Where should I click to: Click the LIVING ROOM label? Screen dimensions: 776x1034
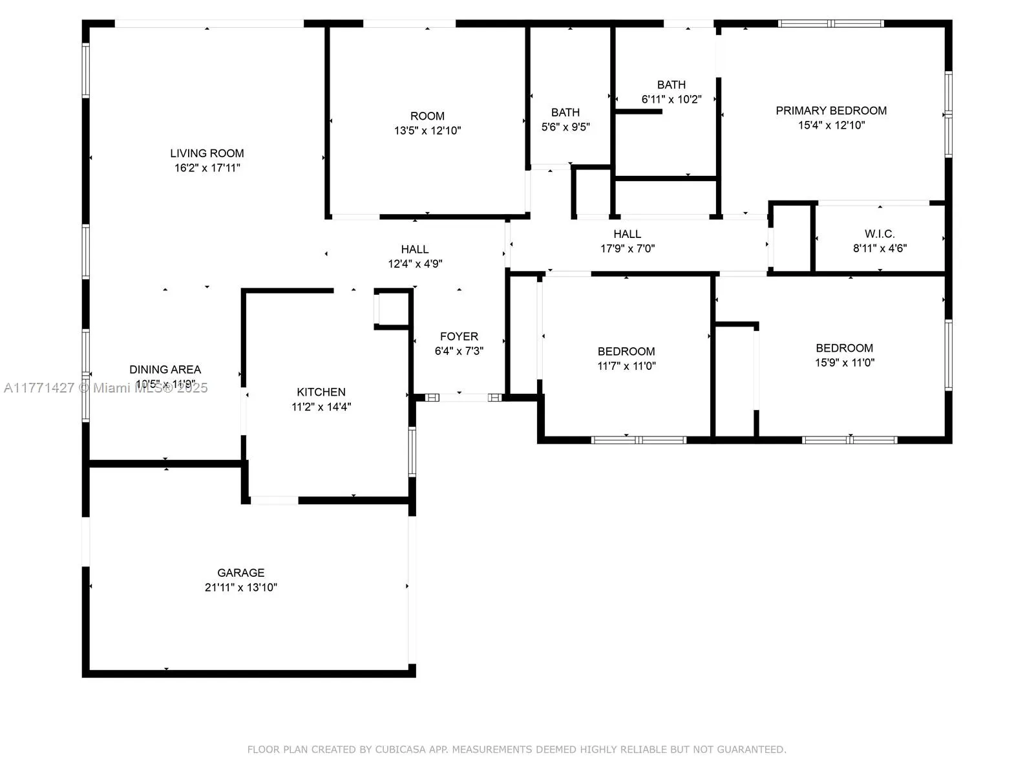207,153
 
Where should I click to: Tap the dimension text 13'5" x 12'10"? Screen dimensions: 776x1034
427,131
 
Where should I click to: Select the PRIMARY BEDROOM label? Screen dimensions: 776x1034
830,111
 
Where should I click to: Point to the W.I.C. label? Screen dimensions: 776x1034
880,233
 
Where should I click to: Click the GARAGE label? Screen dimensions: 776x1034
240,572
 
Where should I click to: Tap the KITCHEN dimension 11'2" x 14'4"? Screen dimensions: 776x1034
321,407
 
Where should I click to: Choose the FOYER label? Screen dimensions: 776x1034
459,336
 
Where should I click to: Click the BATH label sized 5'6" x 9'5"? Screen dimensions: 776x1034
565,113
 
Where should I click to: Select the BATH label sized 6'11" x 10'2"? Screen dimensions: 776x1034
671,85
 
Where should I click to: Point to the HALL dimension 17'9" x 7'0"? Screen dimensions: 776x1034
628,248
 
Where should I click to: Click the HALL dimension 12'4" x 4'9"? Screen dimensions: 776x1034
415,264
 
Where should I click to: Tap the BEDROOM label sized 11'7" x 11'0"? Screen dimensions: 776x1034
626,351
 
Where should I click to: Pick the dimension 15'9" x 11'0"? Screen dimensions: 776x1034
844,363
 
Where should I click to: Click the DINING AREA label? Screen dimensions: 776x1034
165,369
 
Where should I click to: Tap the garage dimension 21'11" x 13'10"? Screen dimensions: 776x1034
240,587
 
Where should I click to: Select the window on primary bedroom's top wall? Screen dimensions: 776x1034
830,24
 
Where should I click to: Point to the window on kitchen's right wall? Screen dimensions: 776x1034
412,451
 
